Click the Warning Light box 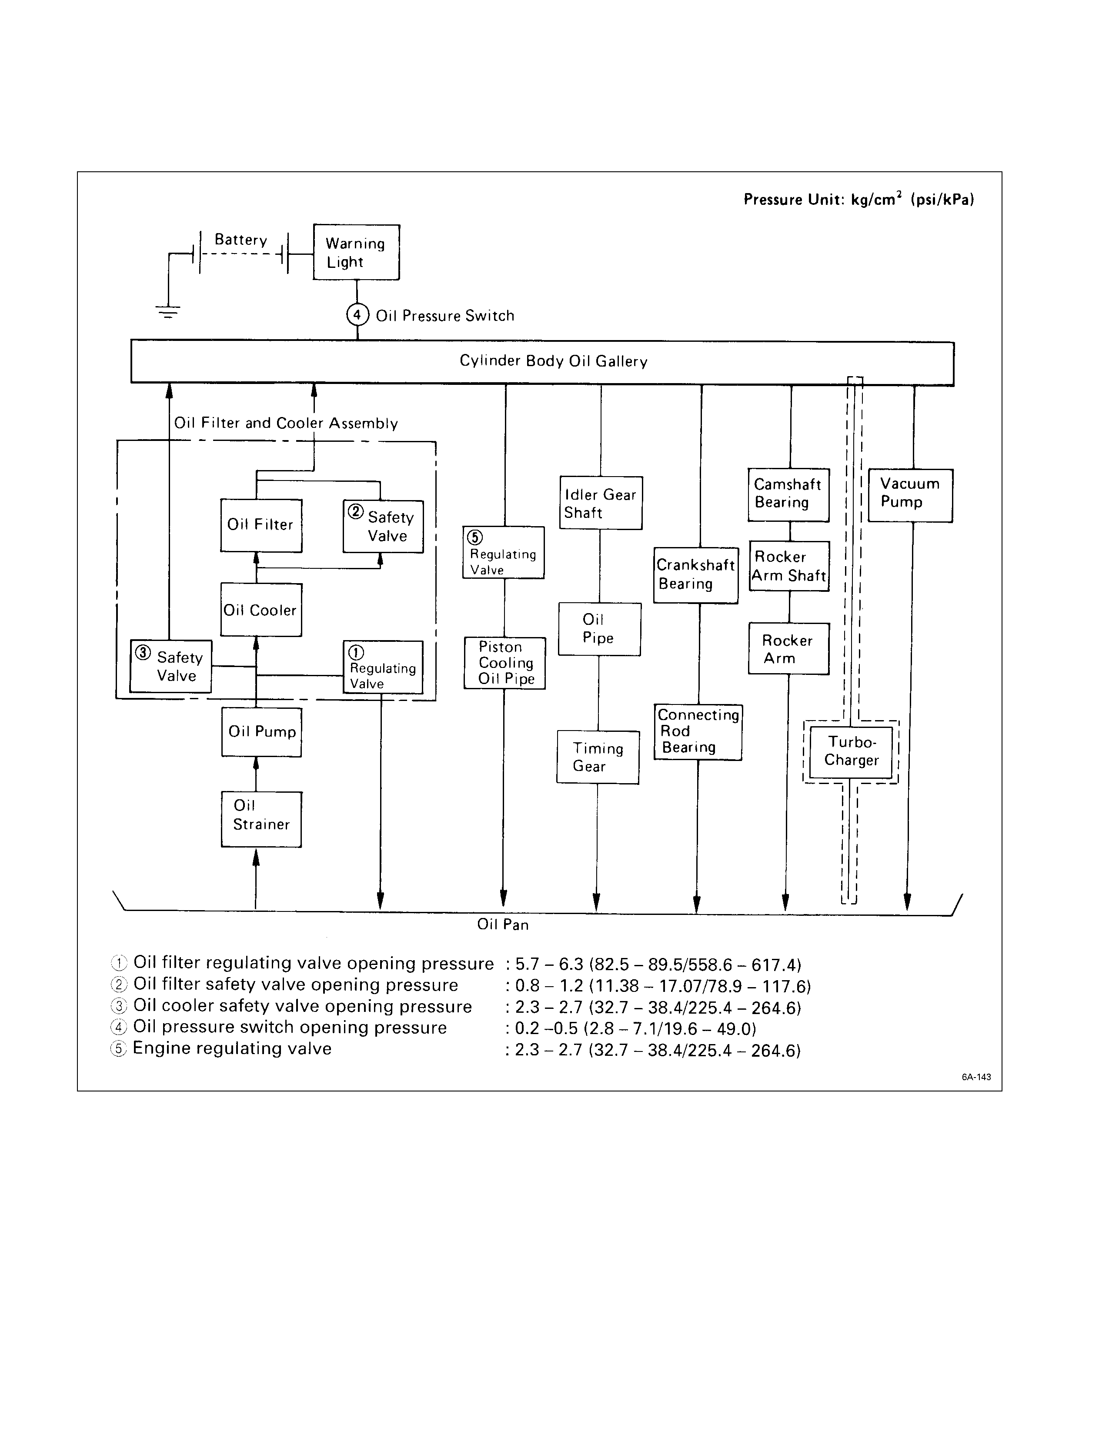pyautogui.click(x=355, y=252)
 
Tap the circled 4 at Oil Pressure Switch pyautogui.click(x=357, y=315)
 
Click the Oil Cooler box pyautogui.click(x=261, y=610)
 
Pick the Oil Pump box pyautogui.click(x=261, y=732)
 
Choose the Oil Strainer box pyautogui.click(x=261, y=819)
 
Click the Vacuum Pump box pyautogui.click(x=910, y=495)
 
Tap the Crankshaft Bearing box pyautogui.click(x=695, y=575)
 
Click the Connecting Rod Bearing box pyautogui.click(x=698, y=731)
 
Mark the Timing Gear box pyautogui.click(x=597, y=757)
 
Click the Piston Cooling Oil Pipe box pyautogui.click(x=504, y=663)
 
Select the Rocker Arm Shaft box pyautogui.click(x=788, y=566)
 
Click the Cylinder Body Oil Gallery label pyautogui.click(x=553, y=361)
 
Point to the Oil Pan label pyautogui.click(x=503, y=924)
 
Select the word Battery pyautogui.click(x=241, y=240)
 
